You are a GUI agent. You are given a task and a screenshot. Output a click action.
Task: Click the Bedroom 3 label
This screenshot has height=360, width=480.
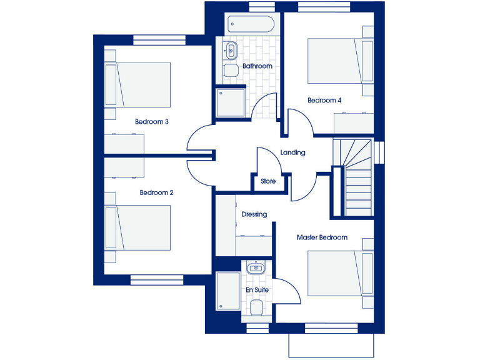[152, 122]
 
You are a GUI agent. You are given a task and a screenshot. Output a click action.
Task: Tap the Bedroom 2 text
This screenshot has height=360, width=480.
[156, 192]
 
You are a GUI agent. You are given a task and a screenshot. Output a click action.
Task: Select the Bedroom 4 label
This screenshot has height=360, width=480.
[324, 100]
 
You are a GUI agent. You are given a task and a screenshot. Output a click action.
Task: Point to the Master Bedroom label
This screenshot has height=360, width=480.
[322, 237]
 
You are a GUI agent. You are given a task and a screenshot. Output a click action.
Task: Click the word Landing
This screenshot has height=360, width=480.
[292, 152]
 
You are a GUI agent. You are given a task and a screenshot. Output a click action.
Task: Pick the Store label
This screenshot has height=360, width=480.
[268, 181]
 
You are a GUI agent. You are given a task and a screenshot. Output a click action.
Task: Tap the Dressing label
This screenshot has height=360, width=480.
[254, 214]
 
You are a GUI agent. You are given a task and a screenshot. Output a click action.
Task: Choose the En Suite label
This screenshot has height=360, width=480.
[256, 291]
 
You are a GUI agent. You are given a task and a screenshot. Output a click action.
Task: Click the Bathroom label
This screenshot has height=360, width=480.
[257, 66]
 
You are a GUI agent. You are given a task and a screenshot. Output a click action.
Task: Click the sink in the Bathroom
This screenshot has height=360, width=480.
[230, 49]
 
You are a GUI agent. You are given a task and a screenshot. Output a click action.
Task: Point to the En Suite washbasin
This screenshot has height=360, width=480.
[255, 269]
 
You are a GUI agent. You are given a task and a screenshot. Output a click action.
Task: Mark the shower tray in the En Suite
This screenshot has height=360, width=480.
[227, 291]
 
